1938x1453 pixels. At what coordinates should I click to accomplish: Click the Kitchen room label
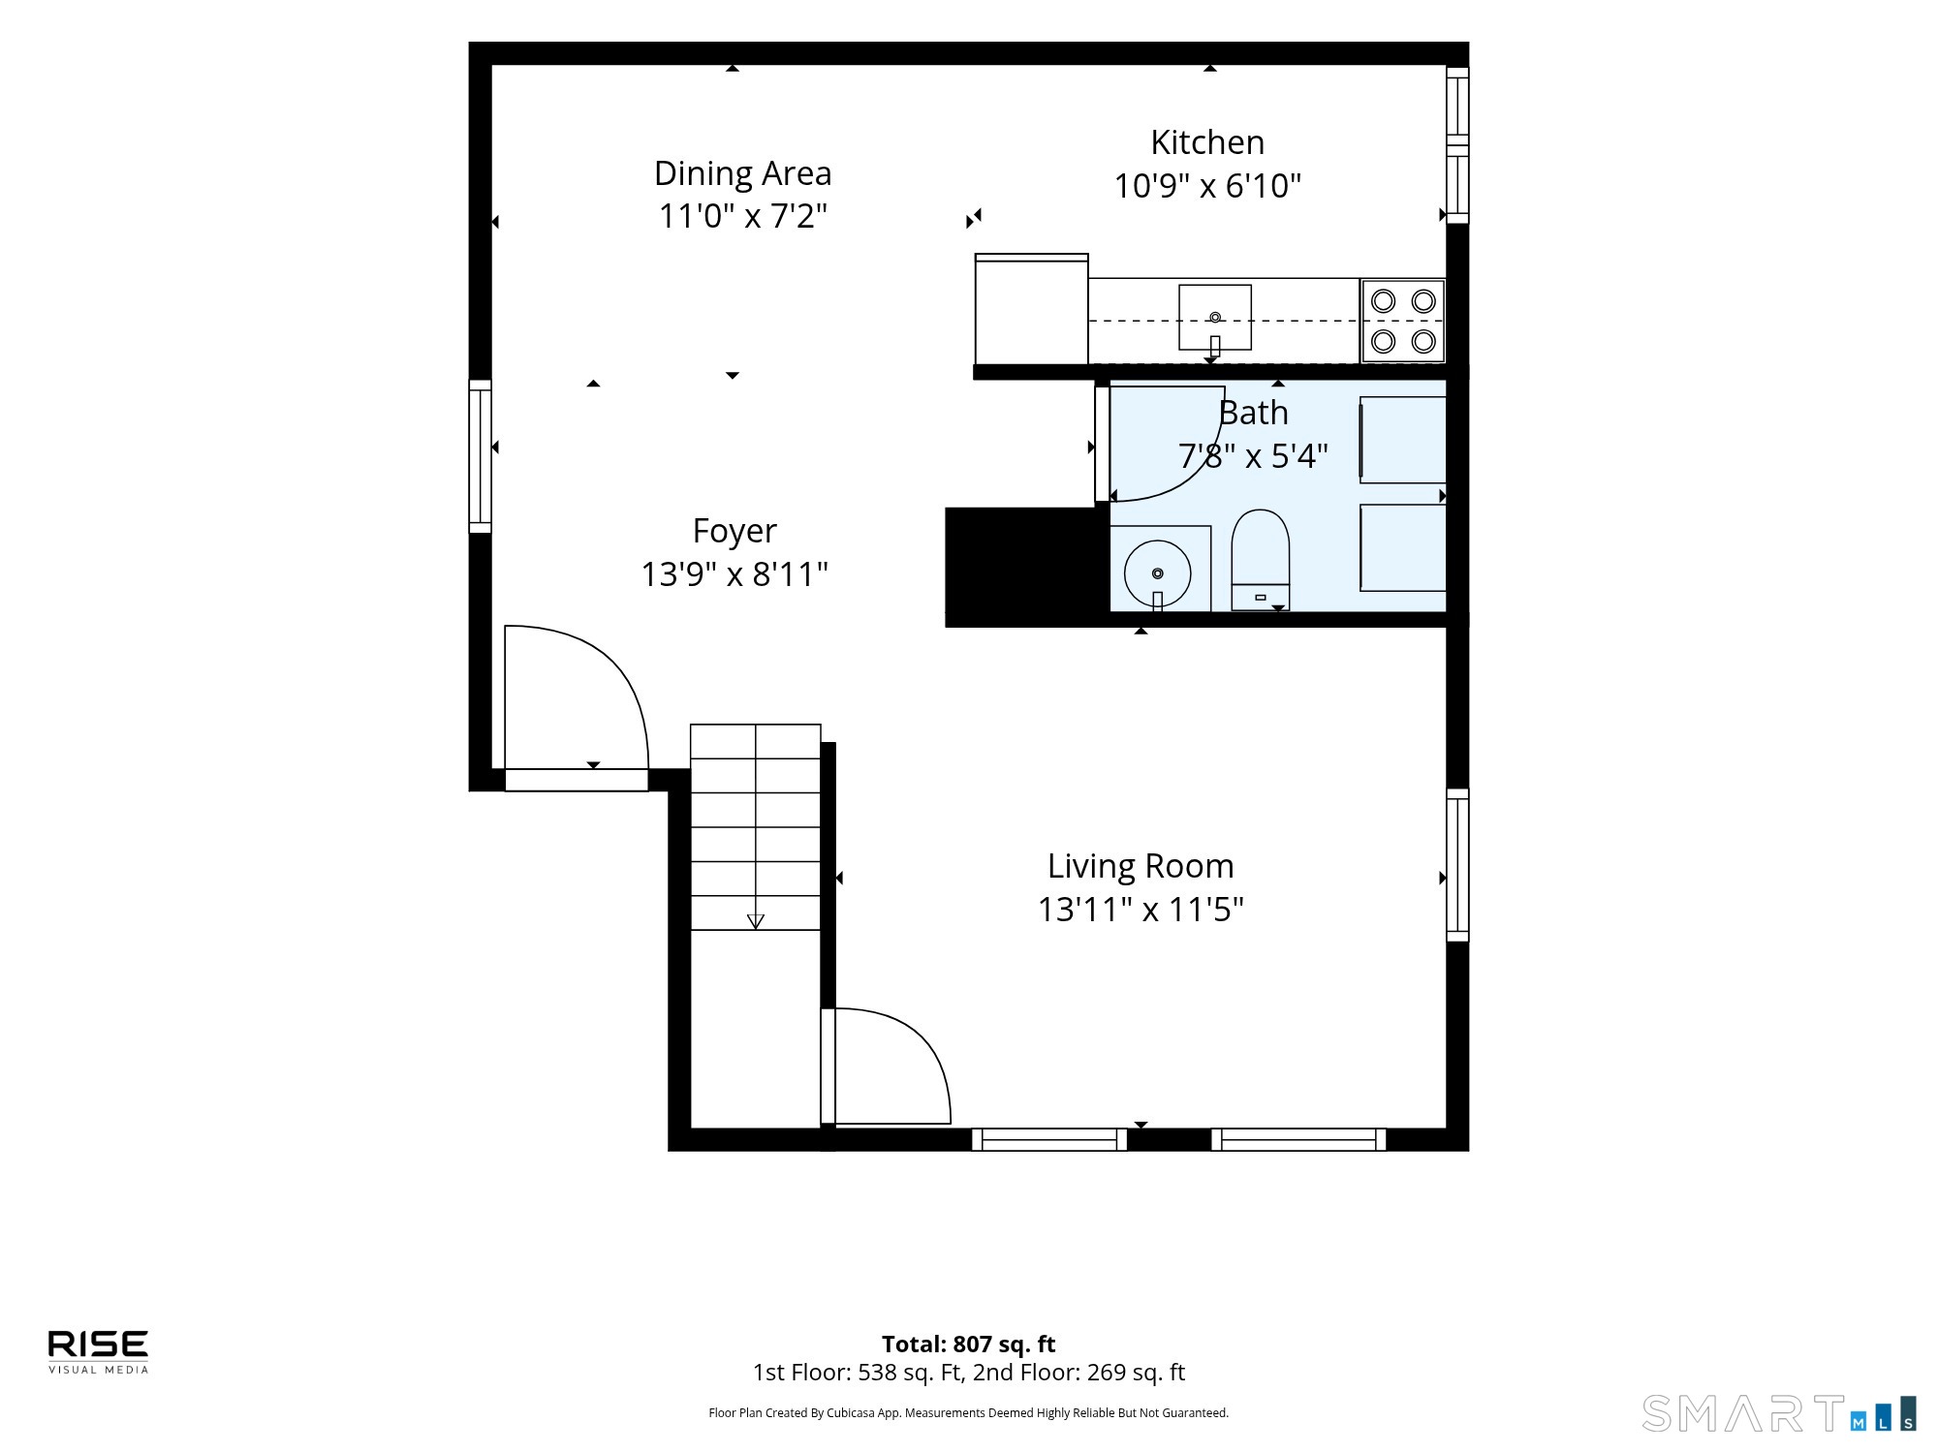(x=1207, y=142)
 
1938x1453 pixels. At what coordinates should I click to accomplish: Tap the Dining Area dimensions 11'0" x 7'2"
(x=743, y=215)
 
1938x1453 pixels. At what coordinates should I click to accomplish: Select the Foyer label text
(x=735, y=531)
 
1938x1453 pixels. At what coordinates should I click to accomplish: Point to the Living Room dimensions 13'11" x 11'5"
(x=1141, y=910)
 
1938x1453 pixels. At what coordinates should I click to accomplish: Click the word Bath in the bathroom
(x=1254, y=413)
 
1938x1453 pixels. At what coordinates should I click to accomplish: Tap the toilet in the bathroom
(x=1260, y=560)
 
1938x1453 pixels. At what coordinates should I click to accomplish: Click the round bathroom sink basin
(x=1158, y=573)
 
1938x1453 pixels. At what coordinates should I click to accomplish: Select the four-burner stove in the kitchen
(x=1403, y=321)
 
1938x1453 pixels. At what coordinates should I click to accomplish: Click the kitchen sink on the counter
(x=1215, y=317)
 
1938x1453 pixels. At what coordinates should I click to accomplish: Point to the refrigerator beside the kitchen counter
(x=1031, y=309)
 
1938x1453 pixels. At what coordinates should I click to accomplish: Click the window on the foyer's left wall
(x=481, y=456)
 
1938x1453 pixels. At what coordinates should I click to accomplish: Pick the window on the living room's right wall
(x=1457, y=865)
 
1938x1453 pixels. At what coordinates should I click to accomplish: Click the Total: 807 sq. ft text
(x=968, y=1345)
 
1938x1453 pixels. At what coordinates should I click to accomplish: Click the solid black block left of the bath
(x=1027, y=567)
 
